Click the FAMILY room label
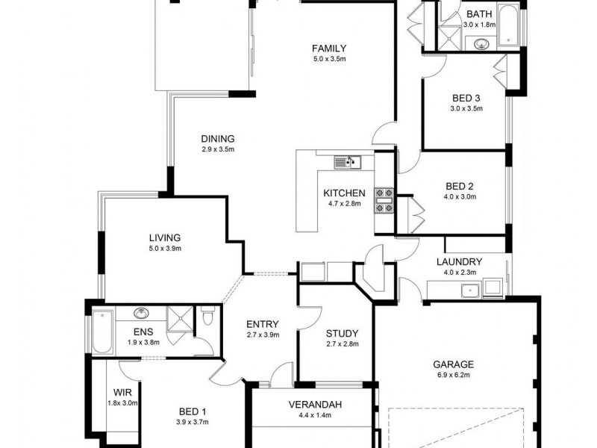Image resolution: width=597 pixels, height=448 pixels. (x=328, y=49)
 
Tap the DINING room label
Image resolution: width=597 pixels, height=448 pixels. (x=218, y=138)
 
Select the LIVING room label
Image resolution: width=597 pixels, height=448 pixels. (x=164, y=238)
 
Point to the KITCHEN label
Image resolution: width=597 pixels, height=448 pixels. (x=343, y=193)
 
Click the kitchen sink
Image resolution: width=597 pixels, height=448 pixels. (x=347, y=161)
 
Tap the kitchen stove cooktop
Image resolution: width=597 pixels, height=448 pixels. (x=384, y=200)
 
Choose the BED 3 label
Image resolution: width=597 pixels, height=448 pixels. (x=466, y=98)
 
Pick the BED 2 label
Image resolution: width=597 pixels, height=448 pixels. (x=460, y=186)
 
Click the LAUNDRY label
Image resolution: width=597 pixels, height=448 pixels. (x=460, y=262)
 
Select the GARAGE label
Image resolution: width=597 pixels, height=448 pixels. (x=453, y=365)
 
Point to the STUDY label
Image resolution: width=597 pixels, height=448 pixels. (x=343, y=334)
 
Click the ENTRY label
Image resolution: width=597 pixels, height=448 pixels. (x=262, y=324)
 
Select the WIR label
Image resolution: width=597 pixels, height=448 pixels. (x=122, y=392)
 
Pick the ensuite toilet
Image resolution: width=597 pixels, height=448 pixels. (x=207, y=319)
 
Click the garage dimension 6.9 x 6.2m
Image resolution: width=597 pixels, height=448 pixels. (x=453, y=376)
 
